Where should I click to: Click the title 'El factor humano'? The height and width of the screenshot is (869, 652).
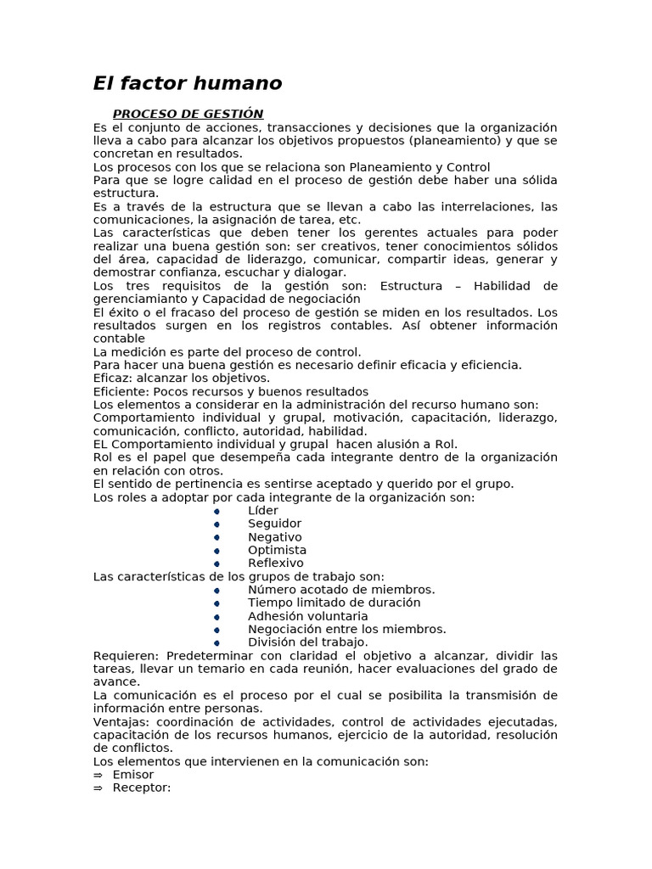188,83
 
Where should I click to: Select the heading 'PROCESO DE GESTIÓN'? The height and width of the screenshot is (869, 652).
188,114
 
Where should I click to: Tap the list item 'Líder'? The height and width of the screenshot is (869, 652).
262,511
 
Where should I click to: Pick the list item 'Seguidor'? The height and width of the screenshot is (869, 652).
274,524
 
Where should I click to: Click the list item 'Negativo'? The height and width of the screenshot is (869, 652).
274,537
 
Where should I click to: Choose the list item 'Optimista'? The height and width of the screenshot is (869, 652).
277,550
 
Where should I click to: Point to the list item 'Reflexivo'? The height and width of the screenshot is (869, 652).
275,563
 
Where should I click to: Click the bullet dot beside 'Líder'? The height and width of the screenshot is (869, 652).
216,512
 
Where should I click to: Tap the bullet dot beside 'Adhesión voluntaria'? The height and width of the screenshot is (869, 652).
216,617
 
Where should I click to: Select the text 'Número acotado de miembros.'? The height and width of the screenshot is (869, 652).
341,590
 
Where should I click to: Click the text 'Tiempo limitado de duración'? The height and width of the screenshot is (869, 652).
334,603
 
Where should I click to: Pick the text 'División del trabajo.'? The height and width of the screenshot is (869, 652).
307,642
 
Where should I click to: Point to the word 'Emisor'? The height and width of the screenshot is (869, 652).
132,774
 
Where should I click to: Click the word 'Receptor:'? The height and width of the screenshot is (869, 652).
141,788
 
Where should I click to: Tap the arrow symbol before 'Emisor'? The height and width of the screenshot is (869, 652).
98,775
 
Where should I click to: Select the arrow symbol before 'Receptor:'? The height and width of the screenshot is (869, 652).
98,788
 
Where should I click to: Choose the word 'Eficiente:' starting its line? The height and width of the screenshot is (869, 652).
121,391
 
